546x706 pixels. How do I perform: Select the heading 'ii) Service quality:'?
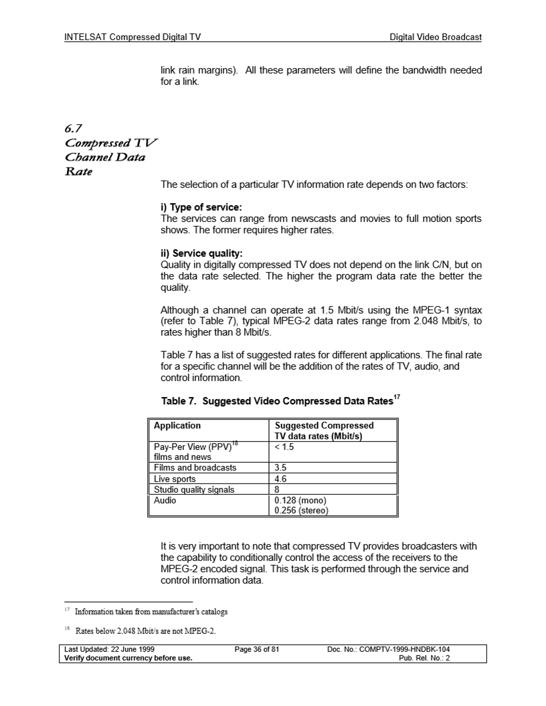coord(201,253)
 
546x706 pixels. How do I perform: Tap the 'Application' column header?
coord(177,425)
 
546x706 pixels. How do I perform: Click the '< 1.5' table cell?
coord(285,447)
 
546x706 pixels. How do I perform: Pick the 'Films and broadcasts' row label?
coord(195,467)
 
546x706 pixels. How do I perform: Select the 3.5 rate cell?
coord(281,468)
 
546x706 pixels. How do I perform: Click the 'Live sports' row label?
coord(175,479)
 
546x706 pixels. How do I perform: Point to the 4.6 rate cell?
coord(281,479)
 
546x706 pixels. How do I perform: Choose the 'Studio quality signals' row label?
coord(194,489)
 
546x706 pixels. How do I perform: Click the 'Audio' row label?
coord(165,500)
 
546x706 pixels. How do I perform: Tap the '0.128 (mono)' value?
coord(300,500)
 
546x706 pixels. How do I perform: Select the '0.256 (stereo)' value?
coord(302,511)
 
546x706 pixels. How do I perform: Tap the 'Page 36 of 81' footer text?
coord(256,649)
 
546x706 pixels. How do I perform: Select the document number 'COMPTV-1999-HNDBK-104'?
coord(405,649)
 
